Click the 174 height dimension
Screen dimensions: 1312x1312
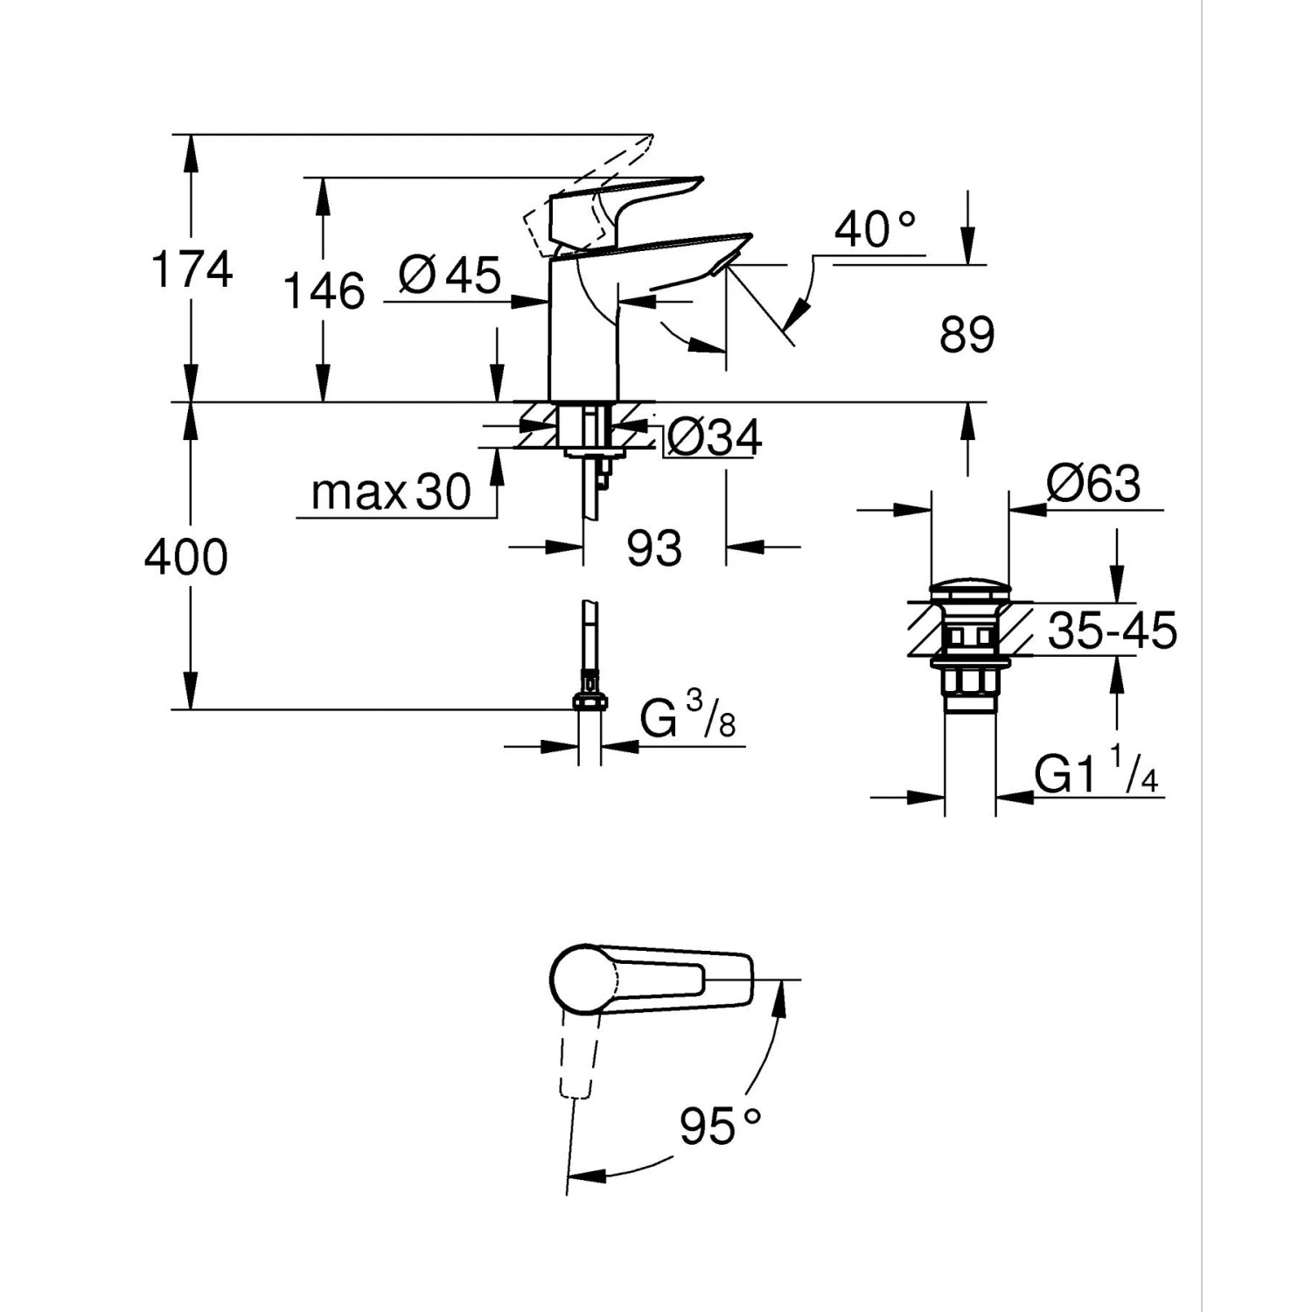[192, 269]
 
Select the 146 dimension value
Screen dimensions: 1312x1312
[324, 290]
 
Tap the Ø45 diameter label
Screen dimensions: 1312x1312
[450, 276]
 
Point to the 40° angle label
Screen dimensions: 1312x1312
[874, 230]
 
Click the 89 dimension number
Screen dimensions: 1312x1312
[967, 335]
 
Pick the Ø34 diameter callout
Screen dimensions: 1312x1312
[714, 437]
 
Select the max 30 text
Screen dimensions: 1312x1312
[391, 492]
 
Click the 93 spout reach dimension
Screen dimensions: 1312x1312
[654, 548]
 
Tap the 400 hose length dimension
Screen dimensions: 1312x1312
[186, 557]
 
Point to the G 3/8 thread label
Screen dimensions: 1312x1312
[687, 719]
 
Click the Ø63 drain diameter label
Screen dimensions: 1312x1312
[1093, 484]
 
